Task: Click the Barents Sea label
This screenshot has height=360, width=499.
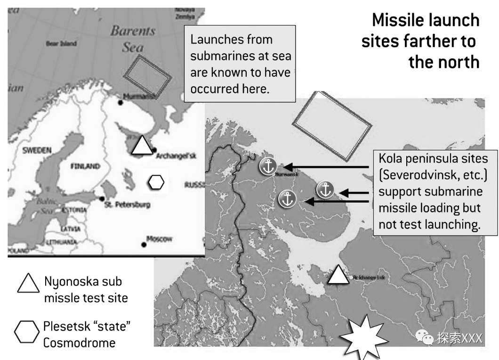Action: coord(133,39)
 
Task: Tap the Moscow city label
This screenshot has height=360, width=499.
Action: coord(159,239)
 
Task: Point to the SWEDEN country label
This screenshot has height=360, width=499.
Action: coord(36,150)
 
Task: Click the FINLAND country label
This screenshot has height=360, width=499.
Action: coord(85,166)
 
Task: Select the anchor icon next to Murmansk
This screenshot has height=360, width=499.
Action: coord(267,166)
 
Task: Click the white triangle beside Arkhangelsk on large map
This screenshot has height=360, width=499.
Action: coord(338,275)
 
